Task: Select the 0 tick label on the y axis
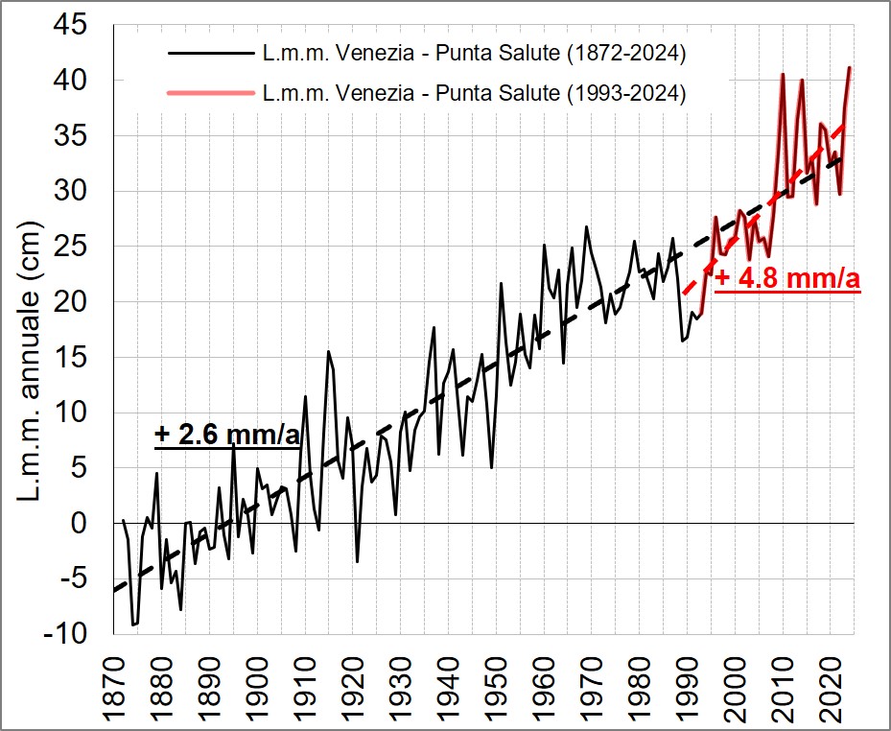click(x=90, y=524)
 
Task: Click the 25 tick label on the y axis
click(x=82, y=247)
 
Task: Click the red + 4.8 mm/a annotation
click(x=786, y=279)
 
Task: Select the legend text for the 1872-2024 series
click(x=473, y=55)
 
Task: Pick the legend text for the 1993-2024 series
click(x=473, y=93)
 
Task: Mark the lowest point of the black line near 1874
click(x=133, y=625)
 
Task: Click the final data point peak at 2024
click(x=850, y=67)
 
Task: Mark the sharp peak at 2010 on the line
click(x=783, y=74)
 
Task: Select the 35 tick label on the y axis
click(x=82, y=135)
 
